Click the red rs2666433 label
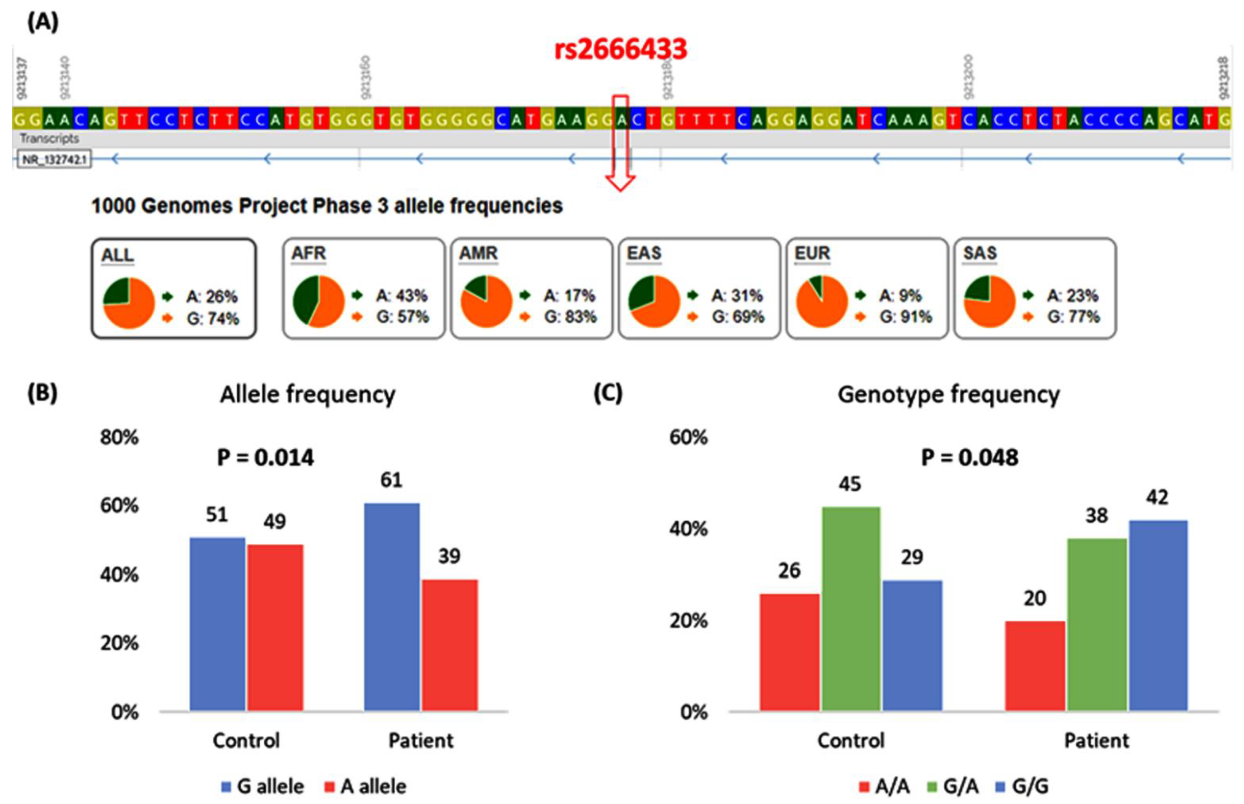pos(620,50)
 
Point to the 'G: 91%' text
pos(905,317)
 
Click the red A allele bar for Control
pos(275,627)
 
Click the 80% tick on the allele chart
pos(120,437)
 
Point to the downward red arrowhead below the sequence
pos(620,183)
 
